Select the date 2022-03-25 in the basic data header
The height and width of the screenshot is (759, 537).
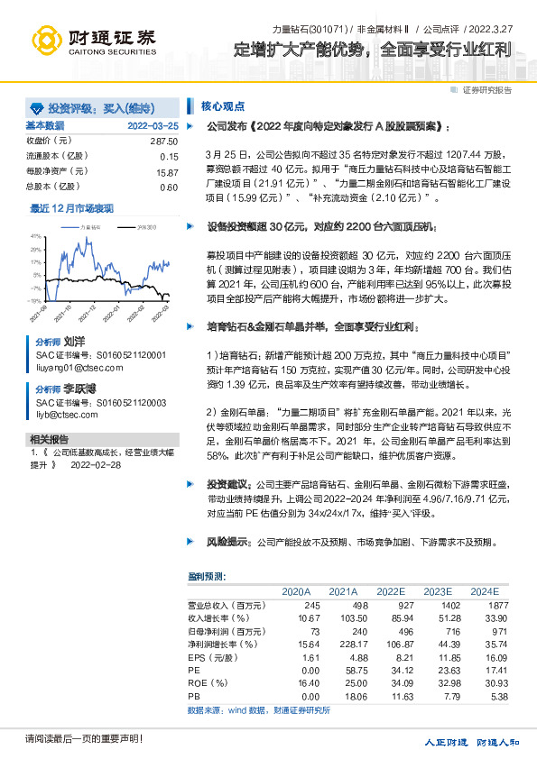coord(153,126)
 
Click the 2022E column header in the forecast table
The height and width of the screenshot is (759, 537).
coord(390,591)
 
